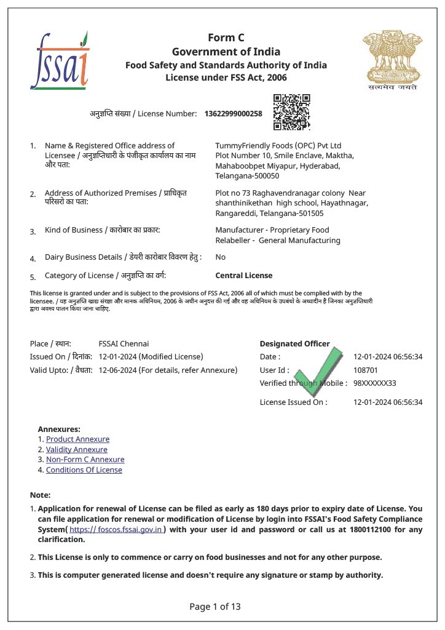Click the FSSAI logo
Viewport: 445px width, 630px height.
click(x=60, y=60)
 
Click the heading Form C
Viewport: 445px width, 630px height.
click(x=226, y=38)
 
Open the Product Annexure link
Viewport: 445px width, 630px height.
click(x=77, y=439)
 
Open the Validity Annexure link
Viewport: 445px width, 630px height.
click(x=76, y=450)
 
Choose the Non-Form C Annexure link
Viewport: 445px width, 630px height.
click(x=85, y=460)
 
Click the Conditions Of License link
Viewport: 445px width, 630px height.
click(x=84, y=470)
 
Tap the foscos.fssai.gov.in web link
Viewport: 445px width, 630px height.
click(x=116, y=529)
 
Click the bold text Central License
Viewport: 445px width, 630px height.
click(x=243, y=276)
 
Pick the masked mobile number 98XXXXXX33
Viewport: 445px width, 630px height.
click(x=374, y=383)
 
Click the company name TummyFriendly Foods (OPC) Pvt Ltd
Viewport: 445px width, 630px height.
click(x=278, y=146)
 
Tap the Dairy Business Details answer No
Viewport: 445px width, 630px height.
click(x=220, y=257)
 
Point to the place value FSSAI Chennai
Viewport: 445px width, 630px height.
click(x=124, y=343)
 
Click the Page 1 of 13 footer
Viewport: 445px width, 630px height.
click(x=215, y=607)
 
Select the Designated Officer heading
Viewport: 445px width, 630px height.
click(x=294, y=343)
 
